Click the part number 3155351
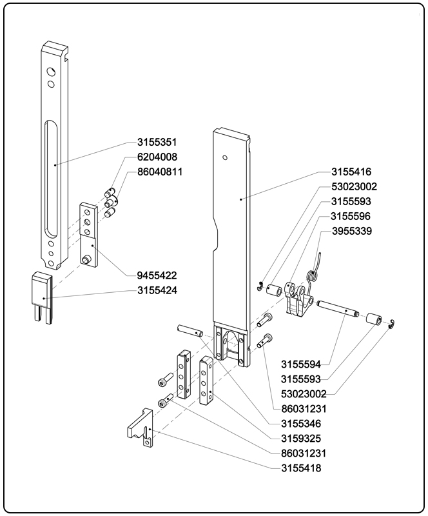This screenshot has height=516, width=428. point(157,143)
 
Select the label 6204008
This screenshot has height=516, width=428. point(157,157)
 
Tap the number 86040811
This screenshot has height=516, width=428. point(160,172)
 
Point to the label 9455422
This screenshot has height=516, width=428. point(157,275)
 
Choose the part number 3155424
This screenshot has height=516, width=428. point(157,290)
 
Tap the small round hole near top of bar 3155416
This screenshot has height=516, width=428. point(224,157)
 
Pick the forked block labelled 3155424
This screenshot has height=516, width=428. point(43,296)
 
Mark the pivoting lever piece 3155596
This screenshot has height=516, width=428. point(298,301)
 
